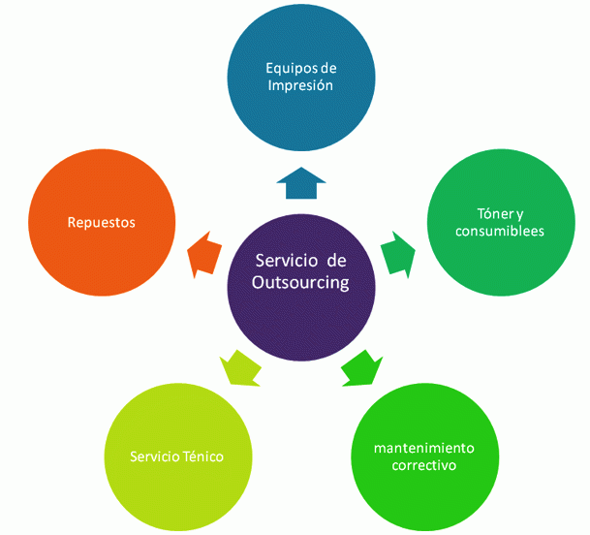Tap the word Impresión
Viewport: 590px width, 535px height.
point(299,85)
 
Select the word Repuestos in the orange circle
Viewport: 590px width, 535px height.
point(102,223)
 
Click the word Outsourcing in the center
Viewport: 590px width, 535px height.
point(300,283)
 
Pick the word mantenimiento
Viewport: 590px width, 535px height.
point(424,448)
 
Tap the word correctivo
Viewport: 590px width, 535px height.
point(424,465)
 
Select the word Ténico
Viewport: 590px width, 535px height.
point(203,456)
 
